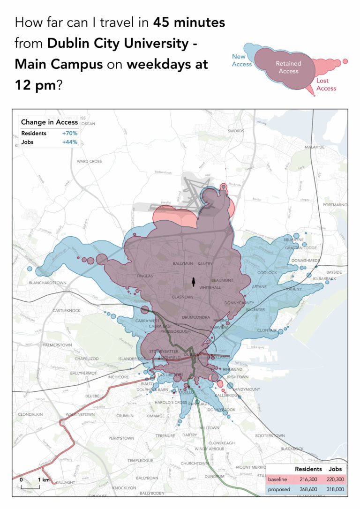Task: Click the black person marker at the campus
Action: click(193, 281)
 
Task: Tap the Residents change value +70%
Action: click(69, 134)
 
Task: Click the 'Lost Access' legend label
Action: click(326, 84)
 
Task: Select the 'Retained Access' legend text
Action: click(288, 67)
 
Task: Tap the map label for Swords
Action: click(236, 131)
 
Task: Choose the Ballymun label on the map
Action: click(183, 264)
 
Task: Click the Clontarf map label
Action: click(267, 330)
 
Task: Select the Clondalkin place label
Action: click(30, 415)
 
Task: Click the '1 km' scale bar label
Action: click(43, 480)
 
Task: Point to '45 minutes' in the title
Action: click(189, 22)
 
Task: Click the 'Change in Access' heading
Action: click(49, 122)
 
